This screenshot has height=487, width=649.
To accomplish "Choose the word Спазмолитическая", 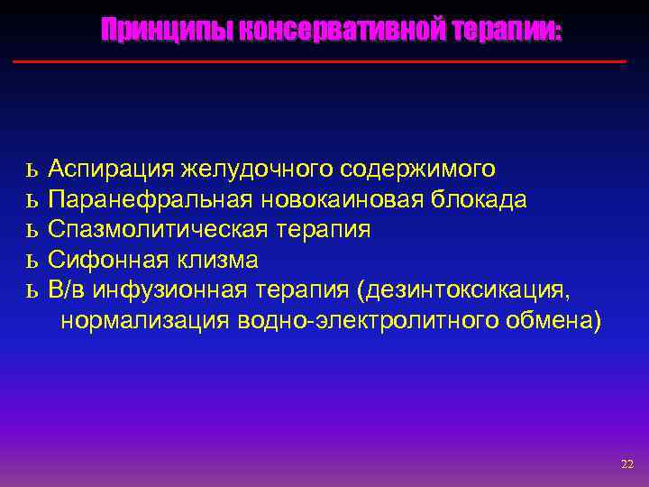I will pyautogui.click(x=155, y=230).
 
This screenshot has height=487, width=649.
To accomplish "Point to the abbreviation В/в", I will pyautogui.click(x=68, y=290).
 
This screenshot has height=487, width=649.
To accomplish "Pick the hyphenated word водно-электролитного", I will pyautogui.click(x=361, y=321).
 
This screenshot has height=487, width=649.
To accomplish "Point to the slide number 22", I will pyautogui.click(x=627, y=464).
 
